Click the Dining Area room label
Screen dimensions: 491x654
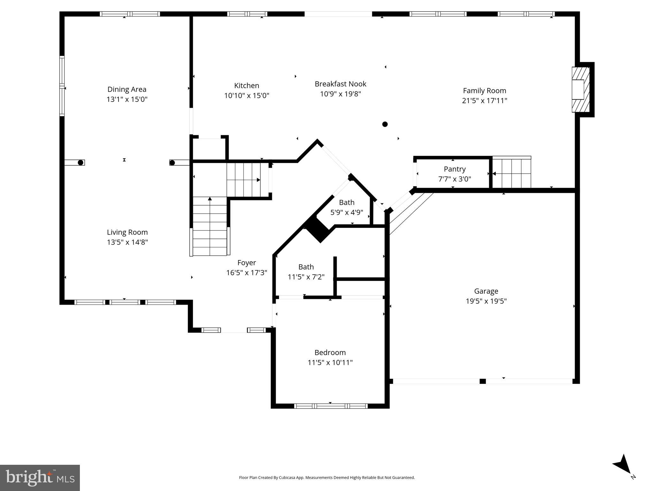point(127,89)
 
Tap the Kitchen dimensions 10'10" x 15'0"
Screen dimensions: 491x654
point(247,96)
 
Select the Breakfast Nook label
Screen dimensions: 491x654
point(340,84)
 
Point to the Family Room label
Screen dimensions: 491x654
point(484,90)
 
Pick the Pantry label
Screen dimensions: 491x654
point(454,169)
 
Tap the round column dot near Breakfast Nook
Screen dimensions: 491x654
point(385,124)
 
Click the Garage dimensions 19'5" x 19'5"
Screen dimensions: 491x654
point(486,301)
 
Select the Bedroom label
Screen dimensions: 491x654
point(330,352)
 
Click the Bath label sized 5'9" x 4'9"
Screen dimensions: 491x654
point(347,202)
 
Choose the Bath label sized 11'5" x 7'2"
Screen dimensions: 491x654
point(306,267)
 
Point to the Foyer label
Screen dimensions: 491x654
point(246,262)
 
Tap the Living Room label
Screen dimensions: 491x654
point(127,232)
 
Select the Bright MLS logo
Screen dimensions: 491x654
point(40,478)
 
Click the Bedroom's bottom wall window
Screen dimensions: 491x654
point(330,406)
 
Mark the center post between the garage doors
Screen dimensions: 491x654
point(482,381)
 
